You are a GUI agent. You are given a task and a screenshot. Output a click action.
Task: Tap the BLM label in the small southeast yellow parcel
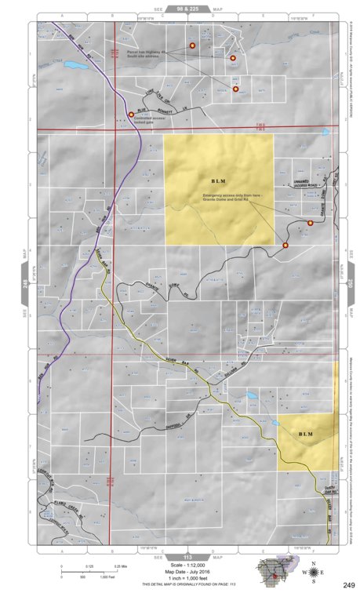click(306, 433)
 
